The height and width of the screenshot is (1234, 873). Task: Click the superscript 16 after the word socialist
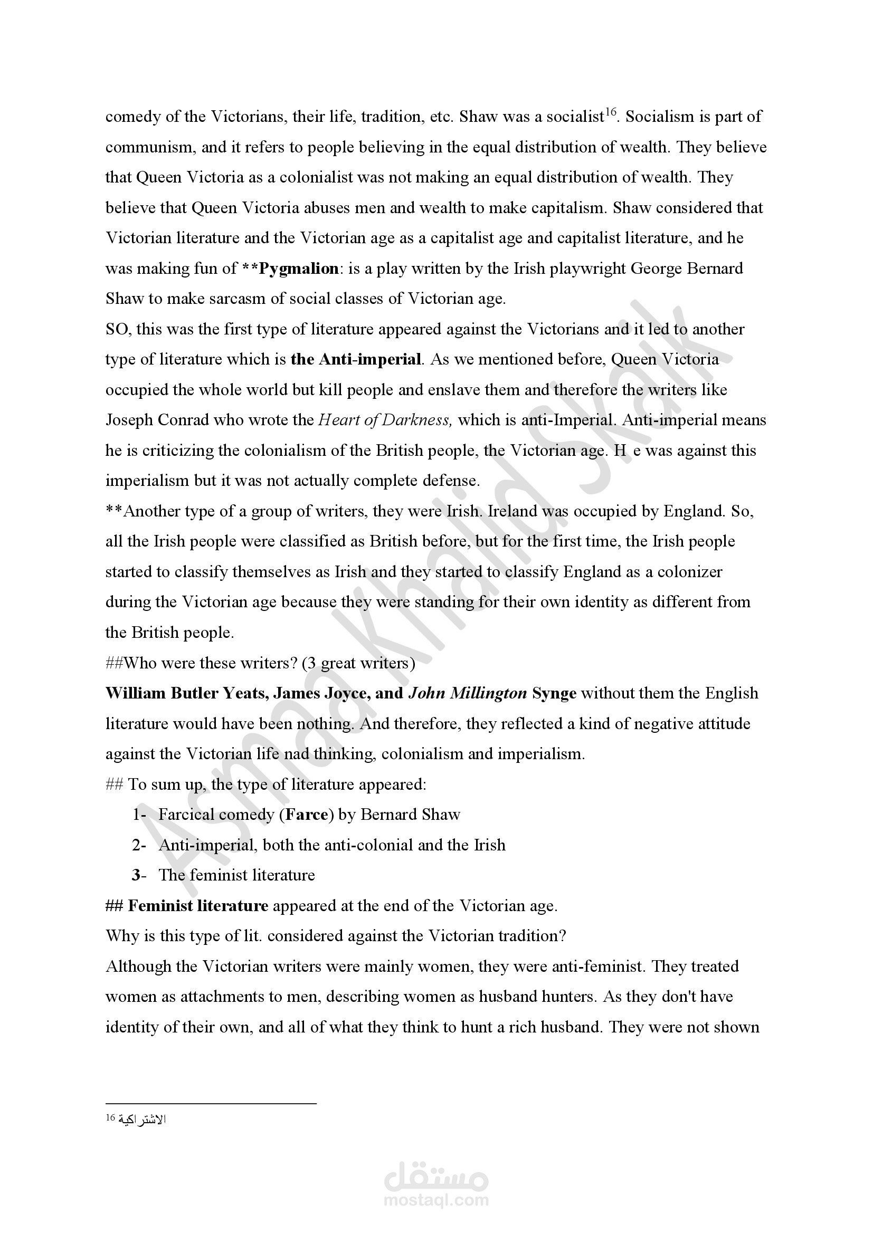pyautogui.click(x=610, y=112)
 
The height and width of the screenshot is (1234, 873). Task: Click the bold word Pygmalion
pyautogui.click(x=298, y=268)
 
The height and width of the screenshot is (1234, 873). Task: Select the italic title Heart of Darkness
pyautogui.click(x=385, y=420)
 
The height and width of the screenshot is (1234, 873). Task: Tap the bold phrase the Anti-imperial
pyautogui.click(x=356, y=359)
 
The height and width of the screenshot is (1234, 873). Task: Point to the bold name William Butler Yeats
pyautogui.click(x=185, y=693)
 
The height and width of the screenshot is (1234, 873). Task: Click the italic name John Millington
pyautogui.click(x=468, y=693)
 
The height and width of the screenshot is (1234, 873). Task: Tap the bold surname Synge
pyautogui.click(x=554, y=693)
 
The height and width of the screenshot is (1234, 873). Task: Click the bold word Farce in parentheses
pyautogui.click(x=307, y=815)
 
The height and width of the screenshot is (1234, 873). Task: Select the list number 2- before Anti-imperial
pyautogui.click(x=139, y=845)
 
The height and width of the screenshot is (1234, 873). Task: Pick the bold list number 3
pyautogui.click(x=136, y=876)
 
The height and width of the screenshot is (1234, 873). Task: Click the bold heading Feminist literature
pyautogui.click(x=198, y=906)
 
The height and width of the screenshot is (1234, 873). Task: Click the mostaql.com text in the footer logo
pyautogui.click(x=436, y=1200)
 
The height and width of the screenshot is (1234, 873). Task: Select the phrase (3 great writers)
pyautogui.click(x=358, y=663)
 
